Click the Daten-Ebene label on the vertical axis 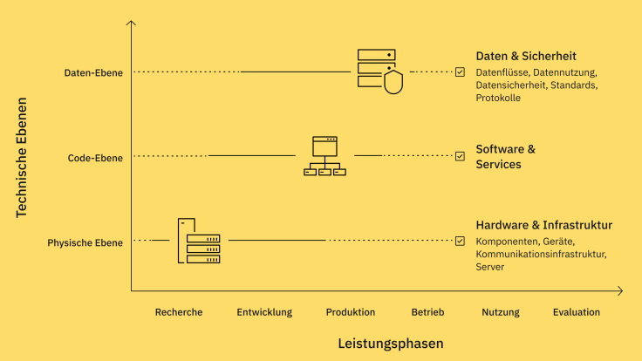[x=93, y=72]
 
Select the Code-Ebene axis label [x=95, y=158]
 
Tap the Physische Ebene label [x=85, y=242]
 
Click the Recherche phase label [x=179, y=312]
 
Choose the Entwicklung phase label [x=264, y=312]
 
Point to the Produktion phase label [x=351, y=312]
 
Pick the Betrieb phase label [x=427, y=312]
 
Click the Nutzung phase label [x=500, y=312]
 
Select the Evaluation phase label [x=576, y=312]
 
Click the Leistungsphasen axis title [x=391, y=344]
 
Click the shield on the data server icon [x=393, y=83]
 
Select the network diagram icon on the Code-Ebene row [x=324, y=156]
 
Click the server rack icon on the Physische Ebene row [x=199, y=242]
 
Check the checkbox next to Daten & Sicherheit [x=460, y=72]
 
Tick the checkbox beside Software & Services [x=460, y=156]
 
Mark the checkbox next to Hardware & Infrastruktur [x=460, y=241]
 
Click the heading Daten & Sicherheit [x=526, y=56]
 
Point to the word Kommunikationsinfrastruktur [x=540, y=254]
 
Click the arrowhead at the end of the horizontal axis [x=620, y=290]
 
